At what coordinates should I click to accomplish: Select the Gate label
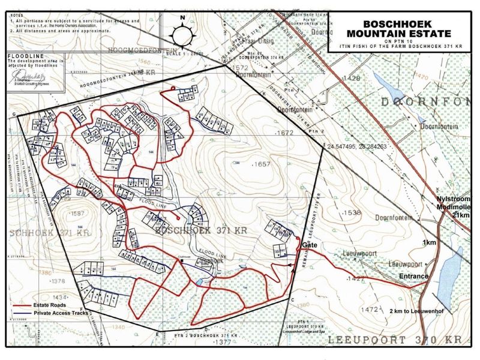(310, 246)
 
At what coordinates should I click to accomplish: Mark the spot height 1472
(373, 309)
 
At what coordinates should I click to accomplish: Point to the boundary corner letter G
(14, 113)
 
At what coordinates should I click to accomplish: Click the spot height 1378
(58, 281)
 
